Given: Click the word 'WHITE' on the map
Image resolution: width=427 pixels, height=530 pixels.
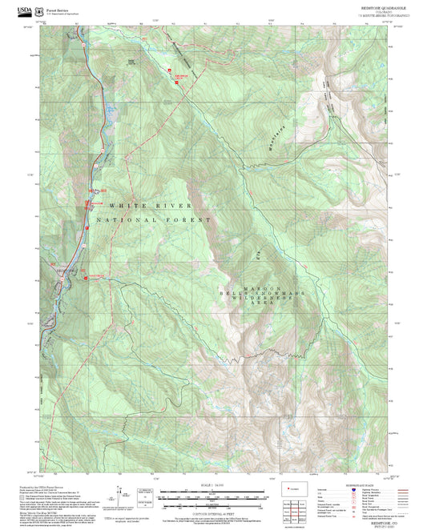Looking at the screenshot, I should tap(123, 206).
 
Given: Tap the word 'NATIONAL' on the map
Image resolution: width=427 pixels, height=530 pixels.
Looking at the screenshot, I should tap(123, 219).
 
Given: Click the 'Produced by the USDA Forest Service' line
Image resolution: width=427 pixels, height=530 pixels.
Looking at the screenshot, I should tap(40, 485).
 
